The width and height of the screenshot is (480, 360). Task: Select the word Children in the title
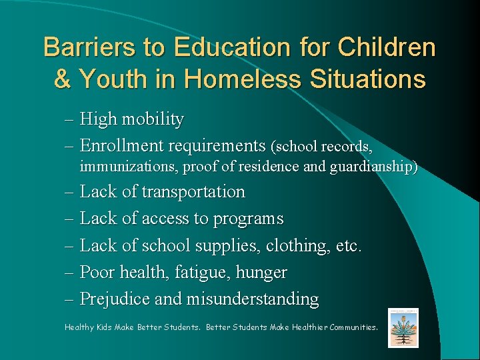tap(387, 47)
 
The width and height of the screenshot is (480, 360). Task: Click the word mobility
tap(152, 120)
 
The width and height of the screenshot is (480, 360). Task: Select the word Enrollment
tap(123, 145)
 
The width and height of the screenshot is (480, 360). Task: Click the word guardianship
tap(373, 167)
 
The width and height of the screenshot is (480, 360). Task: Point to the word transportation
tap(193, 192)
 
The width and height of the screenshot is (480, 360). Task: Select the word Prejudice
tap(115, 299)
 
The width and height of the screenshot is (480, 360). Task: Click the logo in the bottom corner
tap(403, 327)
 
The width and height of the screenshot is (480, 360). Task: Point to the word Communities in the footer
tap(346, 327)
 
